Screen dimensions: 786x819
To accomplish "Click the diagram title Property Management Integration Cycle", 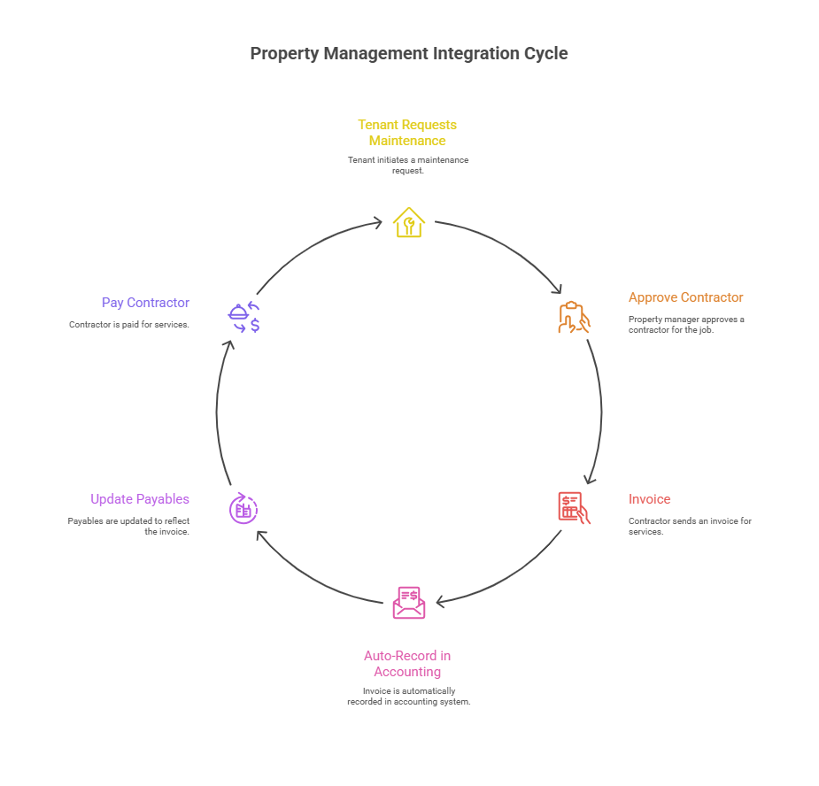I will (x=409, y=53).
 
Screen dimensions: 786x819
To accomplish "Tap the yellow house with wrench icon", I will (x=408, y=222).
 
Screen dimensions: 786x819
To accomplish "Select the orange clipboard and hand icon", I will (x=573, y=317).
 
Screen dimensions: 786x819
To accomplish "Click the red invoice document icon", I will (x=573, y=507).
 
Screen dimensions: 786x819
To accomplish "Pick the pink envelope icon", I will (x=408, y=602).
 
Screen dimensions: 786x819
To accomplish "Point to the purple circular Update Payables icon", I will (x=243, y=509).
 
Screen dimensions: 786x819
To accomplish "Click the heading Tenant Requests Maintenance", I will (x=407, y=133).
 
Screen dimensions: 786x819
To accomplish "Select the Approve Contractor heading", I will (x=685, y=297).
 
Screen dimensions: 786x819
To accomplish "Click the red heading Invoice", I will (x=649, y=499).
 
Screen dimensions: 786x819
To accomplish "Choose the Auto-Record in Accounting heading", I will (x=407, y=664).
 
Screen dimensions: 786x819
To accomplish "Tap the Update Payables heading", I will (x=140, y=499).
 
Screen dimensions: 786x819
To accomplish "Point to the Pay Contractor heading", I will (x=145, y=303).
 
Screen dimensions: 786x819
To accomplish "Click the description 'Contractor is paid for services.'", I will (x=129, y=325).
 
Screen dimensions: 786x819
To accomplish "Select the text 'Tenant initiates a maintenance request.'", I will (x=407, y=165).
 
